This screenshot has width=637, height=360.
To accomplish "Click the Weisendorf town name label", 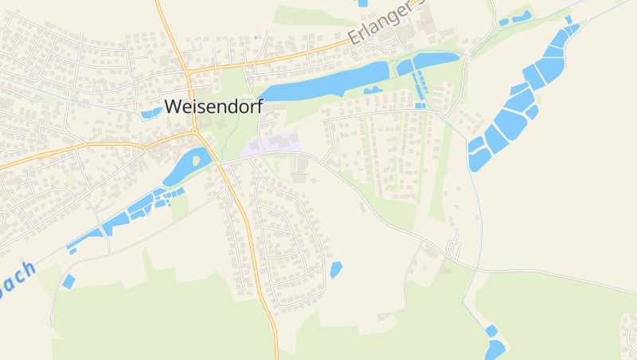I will point(214,108).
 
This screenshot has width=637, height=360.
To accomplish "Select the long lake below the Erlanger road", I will point(326,82).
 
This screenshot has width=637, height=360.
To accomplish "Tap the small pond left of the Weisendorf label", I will point(150,113).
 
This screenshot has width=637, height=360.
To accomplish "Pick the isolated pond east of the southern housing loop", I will point(335,269).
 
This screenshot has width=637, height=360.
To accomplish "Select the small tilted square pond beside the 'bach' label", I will point(68,281).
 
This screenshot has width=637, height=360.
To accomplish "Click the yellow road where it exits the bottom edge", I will point(277,356).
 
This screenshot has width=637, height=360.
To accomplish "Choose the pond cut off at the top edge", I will point(363,3).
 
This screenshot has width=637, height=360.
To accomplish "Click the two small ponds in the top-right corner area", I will point(515,18).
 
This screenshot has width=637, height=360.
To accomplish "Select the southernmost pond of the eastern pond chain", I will point(478,156).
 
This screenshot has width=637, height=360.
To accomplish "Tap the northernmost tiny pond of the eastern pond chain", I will point(569,20).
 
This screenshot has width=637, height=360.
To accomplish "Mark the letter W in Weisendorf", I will point(174,108).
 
